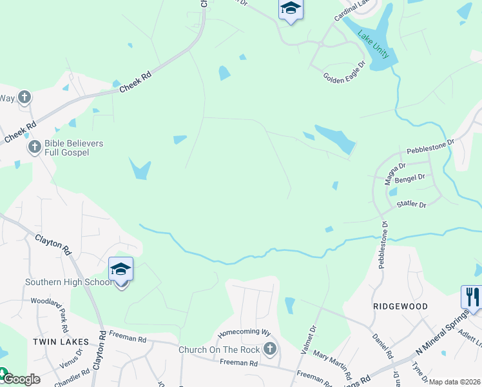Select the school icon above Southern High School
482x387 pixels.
[x=120, y=269]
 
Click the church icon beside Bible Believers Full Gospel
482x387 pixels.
[x=34, y=148]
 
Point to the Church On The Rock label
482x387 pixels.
[x=219, y=350]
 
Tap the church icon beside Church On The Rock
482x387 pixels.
[x=270, y=350]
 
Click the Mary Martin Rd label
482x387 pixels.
[x=333, y=365]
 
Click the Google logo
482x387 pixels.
[x=21, y=379]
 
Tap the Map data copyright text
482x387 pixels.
[x=455, y=382]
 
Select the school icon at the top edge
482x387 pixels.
[x=291, y=9]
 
